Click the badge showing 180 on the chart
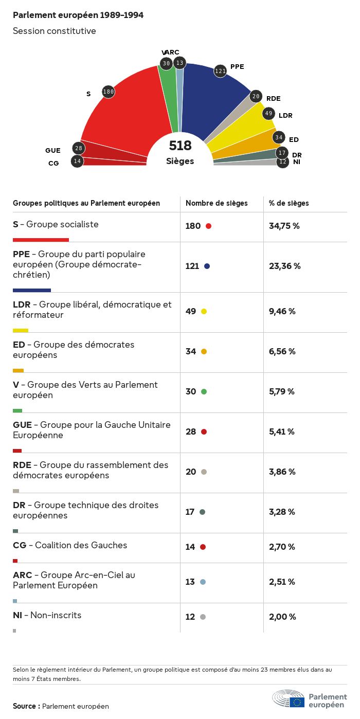click(108, 92)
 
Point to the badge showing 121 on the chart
click(220, 71)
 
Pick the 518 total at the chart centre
click(180, 146)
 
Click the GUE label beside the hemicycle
click(53, 151)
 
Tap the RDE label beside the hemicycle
click(273, 99)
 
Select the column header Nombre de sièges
click(217, 203)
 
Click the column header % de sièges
click(289, 203)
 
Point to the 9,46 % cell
click(282, 311)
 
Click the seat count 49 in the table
click(191, 311)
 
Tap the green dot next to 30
click(204, 391)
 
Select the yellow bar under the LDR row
click(21, 330)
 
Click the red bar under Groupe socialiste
click(41, 240)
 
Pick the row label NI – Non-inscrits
click(47, 615)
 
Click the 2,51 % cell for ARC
click(282, 582)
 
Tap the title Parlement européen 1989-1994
click(78, 15)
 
